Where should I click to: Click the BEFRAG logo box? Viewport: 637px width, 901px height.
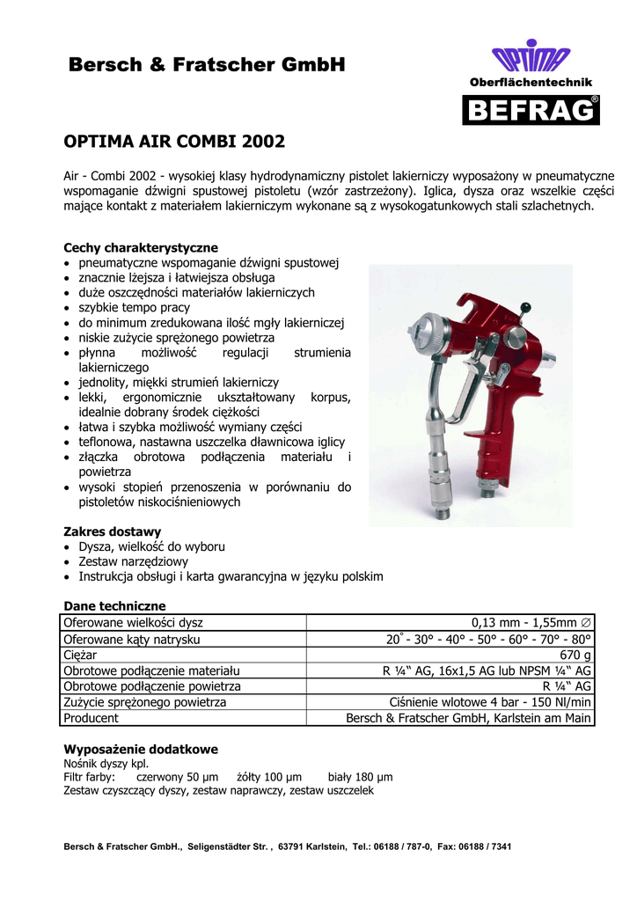tap(531, 109)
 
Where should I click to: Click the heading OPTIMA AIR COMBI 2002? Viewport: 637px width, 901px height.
tap(174, 141)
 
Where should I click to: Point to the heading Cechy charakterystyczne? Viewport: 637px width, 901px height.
tap(141, 247)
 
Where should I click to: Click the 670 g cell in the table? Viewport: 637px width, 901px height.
tap(575, 655)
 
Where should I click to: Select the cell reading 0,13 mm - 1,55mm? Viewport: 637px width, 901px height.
tap(531, 623)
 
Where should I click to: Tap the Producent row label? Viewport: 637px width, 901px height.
tap(91, 718)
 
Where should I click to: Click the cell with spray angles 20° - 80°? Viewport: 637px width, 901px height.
tap(489, 639)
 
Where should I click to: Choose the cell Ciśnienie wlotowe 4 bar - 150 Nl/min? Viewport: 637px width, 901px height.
tap(490, 702)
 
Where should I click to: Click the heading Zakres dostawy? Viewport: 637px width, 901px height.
tap(113, 531)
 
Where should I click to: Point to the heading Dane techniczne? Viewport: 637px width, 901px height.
tap(114, 606)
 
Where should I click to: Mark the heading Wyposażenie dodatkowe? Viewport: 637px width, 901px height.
tap(141, 749)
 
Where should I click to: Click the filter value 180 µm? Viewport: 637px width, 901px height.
tap(376, 777)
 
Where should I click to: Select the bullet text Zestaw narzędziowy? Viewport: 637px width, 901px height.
tap(134, 561)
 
